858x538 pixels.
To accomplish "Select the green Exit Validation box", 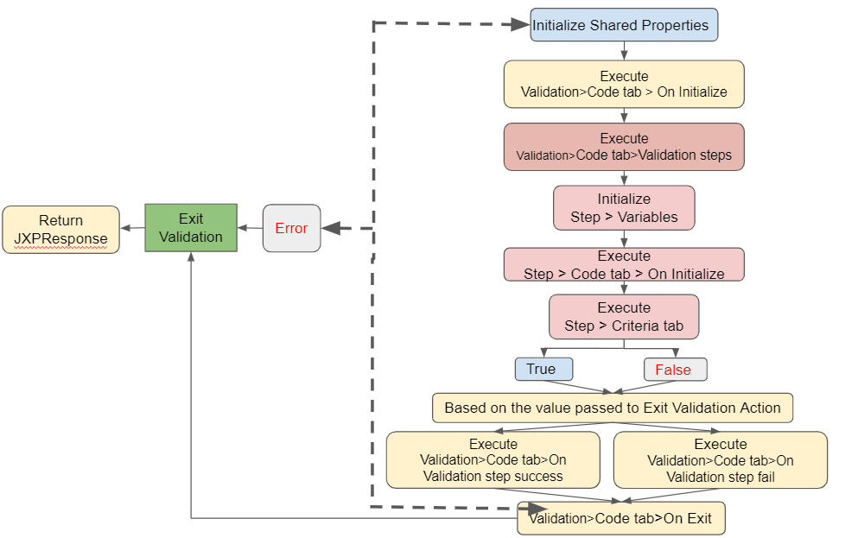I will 191,228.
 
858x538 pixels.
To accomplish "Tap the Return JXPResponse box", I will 60,230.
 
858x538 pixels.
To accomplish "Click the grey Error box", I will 291,228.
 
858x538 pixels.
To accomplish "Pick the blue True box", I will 543,370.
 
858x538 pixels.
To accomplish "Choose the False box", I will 674,370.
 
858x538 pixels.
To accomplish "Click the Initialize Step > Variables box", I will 624,208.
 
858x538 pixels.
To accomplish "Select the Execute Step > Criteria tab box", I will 624,317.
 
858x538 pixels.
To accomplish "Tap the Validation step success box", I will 493,460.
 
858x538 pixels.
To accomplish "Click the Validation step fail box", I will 720,460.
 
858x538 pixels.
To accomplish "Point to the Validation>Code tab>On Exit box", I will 620,519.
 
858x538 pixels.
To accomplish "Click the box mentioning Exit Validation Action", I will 612,408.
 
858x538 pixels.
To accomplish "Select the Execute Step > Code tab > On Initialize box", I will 624,264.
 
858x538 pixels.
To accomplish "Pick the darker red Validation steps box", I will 624,146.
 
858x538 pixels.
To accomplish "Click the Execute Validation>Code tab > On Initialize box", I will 624,84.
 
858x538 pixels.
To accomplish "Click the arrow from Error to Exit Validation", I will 251,228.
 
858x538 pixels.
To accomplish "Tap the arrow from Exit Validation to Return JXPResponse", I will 132,228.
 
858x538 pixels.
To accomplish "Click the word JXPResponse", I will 60,238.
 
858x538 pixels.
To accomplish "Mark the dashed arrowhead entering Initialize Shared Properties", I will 518,24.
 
